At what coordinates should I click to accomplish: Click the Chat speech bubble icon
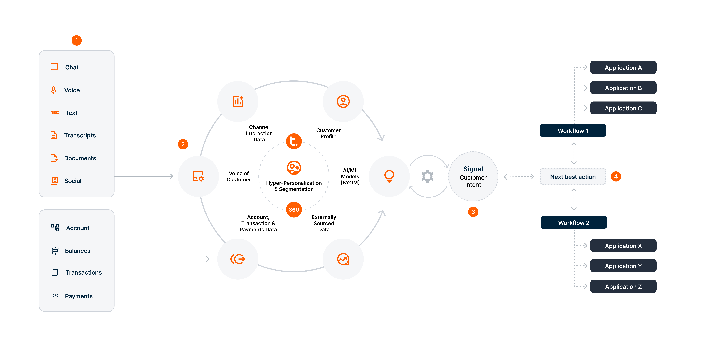point(54,67)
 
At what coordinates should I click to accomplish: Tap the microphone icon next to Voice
point(53,90)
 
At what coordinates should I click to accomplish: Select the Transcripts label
point(80,135)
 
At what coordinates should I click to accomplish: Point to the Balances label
point(78,251)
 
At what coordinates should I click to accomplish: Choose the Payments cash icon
point(55,296)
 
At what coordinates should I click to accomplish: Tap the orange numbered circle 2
point(183,144)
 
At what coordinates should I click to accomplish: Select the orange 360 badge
point(294,210)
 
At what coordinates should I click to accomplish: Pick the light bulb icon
point(389,176)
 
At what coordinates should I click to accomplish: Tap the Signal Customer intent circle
point(473,176)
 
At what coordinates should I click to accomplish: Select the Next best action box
point(573,177)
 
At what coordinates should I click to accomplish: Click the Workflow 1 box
point(573,131)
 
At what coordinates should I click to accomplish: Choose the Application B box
point(623,88)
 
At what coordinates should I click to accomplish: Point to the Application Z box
point(623,287)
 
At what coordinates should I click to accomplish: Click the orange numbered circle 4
point(616,176)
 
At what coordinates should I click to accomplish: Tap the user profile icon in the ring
point(343,101)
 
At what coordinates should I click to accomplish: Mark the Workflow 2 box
point(574,223)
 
